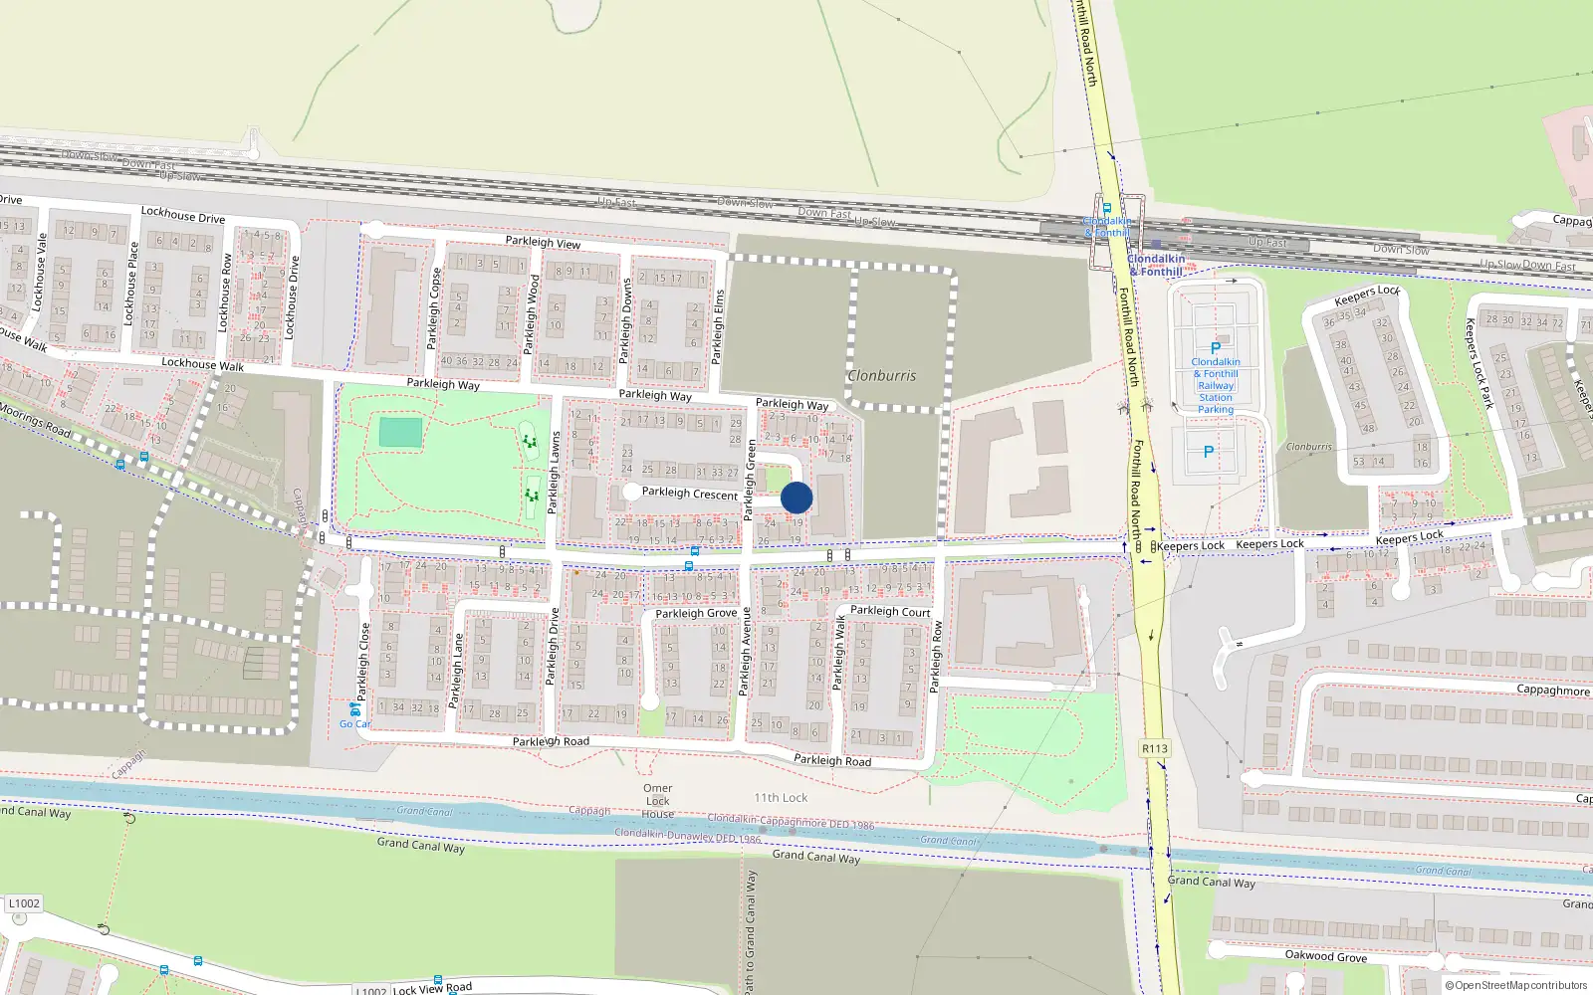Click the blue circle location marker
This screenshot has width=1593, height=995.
[x=796, y=497]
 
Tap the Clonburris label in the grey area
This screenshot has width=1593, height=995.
[x=881, y=376]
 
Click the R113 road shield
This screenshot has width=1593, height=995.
[x=1155, y=748]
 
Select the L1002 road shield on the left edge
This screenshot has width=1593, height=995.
[x=24, y=903]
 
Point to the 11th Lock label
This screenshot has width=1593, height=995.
[x=781, y=798]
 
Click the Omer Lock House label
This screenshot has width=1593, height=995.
[x=657, y=801]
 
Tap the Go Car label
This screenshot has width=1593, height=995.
[x=354, y=723]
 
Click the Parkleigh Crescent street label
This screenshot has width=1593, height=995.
[x=690, y=493]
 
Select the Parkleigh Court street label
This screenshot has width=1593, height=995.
[x=890, y=611]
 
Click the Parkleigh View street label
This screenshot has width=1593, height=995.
[x=543, y=242]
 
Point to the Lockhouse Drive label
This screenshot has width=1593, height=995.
[x=183, y=214]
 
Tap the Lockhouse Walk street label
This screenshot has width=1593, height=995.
[x=202, y=364]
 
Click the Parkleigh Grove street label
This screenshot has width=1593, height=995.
[x=696, y=613]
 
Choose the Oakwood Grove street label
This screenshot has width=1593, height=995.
[x=1325, y=956]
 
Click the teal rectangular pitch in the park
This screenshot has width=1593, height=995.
[x=400, y=433]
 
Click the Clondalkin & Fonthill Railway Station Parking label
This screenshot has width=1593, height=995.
[x=1216, y=385]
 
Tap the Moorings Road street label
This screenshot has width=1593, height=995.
[x=36, y=420]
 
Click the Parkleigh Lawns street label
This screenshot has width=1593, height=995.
[x=555, y=474]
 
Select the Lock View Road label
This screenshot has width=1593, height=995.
[x=432, y=988]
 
